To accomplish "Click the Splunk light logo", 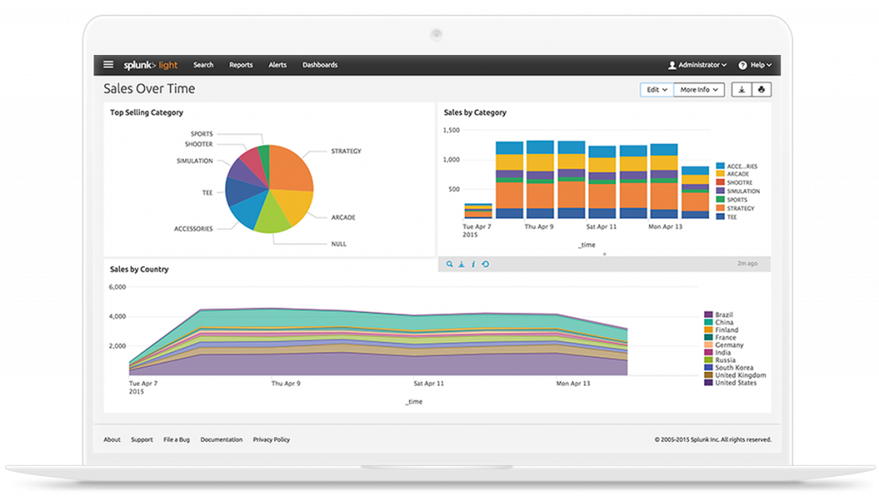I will tap(150, 64).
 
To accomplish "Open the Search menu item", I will tap(203, 64).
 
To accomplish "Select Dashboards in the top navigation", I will tap(319, 64).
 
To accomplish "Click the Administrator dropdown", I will tap(697, 64).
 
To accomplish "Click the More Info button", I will tap(700, 89).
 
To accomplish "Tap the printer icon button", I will tap(761, 89).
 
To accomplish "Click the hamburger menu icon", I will tap(108, 64).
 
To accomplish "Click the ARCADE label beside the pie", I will tap(343, 217).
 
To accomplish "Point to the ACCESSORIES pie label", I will tap(193, 229).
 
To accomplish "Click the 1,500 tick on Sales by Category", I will tap(452, 131).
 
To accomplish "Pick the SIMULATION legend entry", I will tap(743, 191).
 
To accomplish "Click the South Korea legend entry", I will tap(734, 368).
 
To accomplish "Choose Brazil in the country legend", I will tap(724, 315).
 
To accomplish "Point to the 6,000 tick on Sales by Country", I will tap(118, 287).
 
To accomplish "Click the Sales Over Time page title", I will tap(149, 89).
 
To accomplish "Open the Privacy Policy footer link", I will tap(271, 439).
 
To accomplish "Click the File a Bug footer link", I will tap(176, 439).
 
